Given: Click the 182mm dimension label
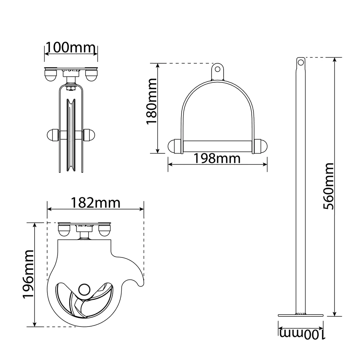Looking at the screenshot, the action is (x=95, y=203).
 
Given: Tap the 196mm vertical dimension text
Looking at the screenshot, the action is (x=28, y=274).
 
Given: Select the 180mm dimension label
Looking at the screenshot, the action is (x=152, y=102).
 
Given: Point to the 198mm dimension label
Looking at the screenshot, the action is (x=217, y=158).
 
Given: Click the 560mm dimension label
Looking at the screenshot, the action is (x=328, y=186).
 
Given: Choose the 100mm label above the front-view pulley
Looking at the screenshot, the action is (x=71, y=48).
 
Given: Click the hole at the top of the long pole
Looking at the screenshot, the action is (x=301, y=62).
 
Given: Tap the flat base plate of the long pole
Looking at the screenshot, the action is (x=301, y=315).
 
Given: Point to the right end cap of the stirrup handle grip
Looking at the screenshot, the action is (x=261, y=146).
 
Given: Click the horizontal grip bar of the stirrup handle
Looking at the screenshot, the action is (x=217, y=146).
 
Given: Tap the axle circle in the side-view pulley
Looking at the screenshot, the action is (x=84, y=289).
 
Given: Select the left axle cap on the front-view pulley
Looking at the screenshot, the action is (x=53, y=135).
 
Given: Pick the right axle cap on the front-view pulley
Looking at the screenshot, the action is (x=89, y=135).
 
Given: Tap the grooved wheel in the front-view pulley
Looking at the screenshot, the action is (x=71, y=135).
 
